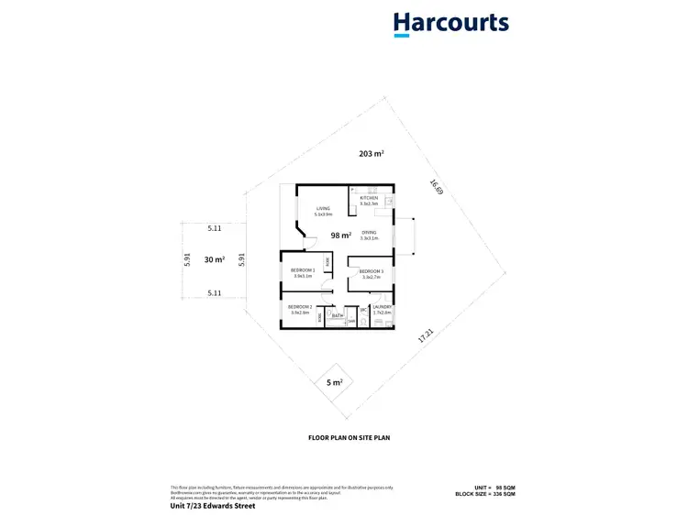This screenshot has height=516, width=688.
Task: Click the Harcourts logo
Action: [x=450, y=24]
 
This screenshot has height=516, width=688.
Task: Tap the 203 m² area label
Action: [x=371, y=154]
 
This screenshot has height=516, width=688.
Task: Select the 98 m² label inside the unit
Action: [x=340, y=236]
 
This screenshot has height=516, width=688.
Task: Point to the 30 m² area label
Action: [x=215, y=260]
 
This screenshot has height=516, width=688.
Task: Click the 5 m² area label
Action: [x=334, y=381]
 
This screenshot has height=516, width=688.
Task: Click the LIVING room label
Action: [x=323, y=209]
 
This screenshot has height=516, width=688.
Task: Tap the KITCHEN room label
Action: [x=369, y=199]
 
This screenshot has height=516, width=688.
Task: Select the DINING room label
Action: [x=369, y=233]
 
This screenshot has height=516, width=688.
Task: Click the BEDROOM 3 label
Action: [x=371, y=272]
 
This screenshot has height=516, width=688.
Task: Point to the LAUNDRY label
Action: [x=383, y=308]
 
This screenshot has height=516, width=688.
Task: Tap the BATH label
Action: [x=337, y=315]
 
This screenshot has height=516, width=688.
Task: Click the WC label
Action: [x=363, y=310]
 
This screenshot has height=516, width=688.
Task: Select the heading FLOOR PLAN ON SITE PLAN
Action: [x=349, y=439]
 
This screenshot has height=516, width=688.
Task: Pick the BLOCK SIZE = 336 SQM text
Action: [x=485, y=494]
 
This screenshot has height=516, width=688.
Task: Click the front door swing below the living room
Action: [x=309, y=242]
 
